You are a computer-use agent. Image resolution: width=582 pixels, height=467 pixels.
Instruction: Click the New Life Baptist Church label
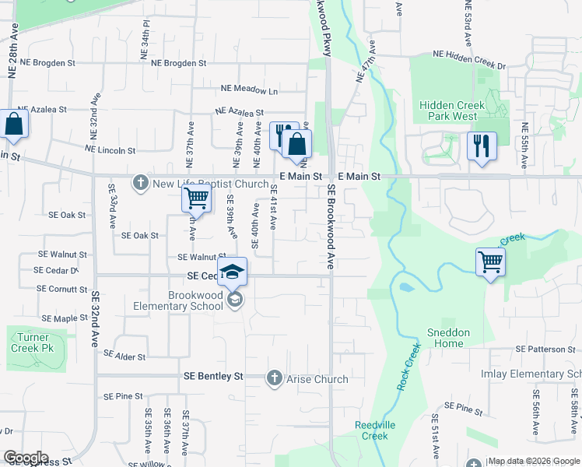210,184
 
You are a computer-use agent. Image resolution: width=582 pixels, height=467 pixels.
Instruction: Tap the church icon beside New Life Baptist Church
141,184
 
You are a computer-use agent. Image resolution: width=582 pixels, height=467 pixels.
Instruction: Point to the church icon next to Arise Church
274,378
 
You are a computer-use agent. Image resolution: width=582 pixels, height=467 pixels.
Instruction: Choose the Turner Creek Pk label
33,343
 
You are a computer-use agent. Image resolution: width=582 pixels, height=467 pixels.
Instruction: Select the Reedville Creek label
371,430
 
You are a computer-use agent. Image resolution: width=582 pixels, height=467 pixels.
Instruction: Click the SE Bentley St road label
213,376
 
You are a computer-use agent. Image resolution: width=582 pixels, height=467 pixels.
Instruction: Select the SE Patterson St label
545,350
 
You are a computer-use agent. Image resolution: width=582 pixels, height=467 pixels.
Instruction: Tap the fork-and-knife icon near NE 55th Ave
482,146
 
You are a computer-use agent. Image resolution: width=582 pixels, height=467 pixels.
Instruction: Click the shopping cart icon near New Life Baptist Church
196,198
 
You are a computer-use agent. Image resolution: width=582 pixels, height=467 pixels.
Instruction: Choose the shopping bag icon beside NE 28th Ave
14,125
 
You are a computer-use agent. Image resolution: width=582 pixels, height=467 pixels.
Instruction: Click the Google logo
25,458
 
